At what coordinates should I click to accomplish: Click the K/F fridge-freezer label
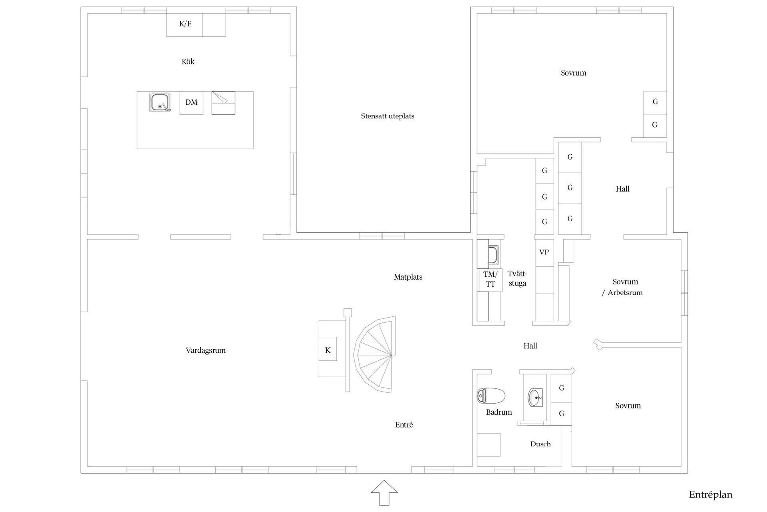185,24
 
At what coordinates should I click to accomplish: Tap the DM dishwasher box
191,103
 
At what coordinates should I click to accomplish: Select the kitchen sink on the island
160,102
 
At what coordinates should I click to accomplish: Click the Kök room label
188,62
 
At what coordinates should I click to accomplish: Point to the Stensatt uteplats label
387,116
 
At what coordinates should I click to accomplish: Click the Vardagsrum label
206,350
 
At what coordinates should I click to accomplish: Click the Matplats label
408,277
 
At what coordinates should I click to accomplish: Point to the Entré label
404,425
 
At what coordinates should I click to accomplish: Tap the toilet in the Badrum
491,396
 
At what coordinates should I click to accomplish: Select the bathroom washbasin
535,398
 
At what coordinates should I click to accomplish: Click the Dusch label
540,444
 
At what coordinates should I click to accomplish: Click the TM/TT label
491,279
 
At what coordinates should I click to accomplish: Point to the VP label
544,252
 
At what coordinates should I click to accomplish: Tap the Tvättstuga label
517,278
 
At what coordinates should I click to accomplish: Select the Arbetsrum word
625,293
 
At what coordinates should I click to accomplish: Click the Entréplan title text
711,495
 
